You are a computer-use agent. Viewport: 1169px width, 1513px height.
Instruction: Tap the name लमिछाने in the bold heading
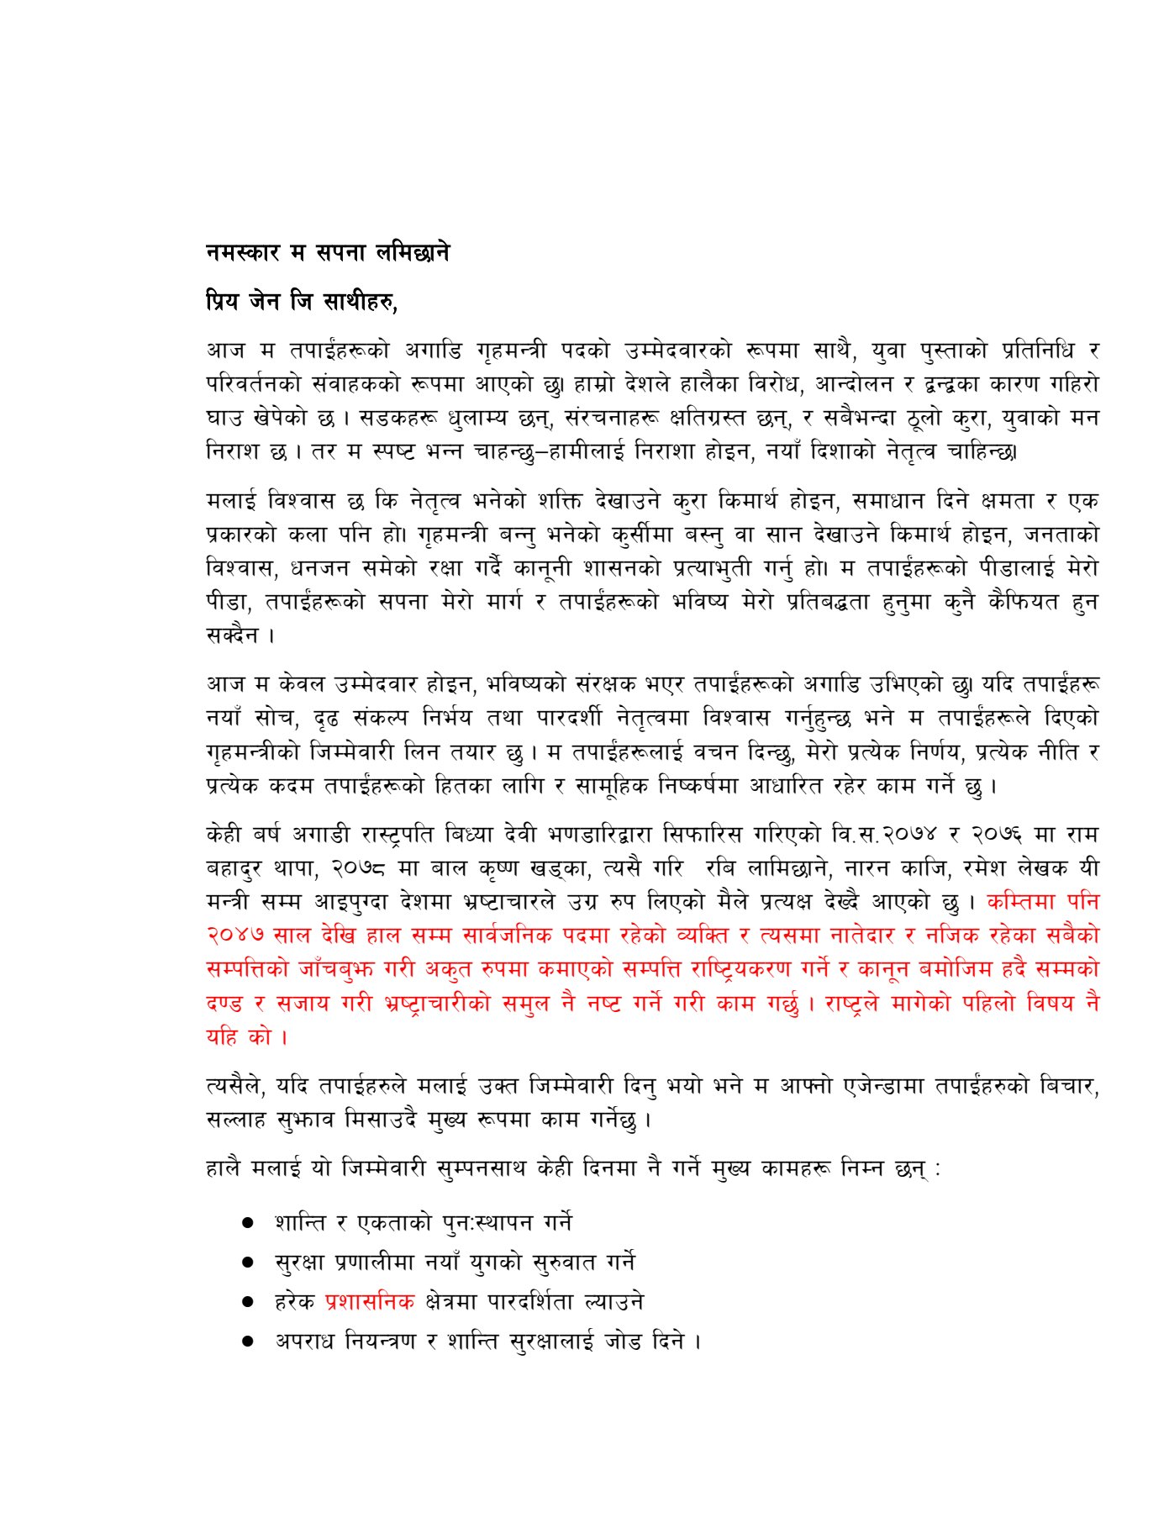point(413,252)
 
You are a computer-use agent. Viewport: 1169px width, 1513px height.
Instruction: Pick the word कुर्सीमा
point(643,535)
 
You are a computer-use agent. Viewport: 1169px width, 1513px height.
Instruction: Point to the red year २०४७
point(236,936)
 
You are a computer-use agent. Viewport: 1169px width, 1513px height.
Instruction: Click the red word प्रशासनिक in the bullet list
point(370,1302)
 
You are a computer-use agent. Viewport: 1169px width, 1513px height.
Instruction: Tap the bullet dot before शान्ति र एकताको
point(248,1223)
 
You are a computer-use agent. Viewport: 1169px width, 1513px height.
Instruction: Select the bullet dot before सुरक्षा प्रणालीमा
point(248,1263)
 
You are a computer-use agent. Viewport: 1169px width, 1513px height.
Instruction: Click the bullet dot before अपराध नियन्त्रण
point(248,1342)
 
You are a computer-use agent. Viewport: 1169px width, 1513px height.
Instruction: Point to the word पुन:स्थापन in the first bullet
point(488,1223)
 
